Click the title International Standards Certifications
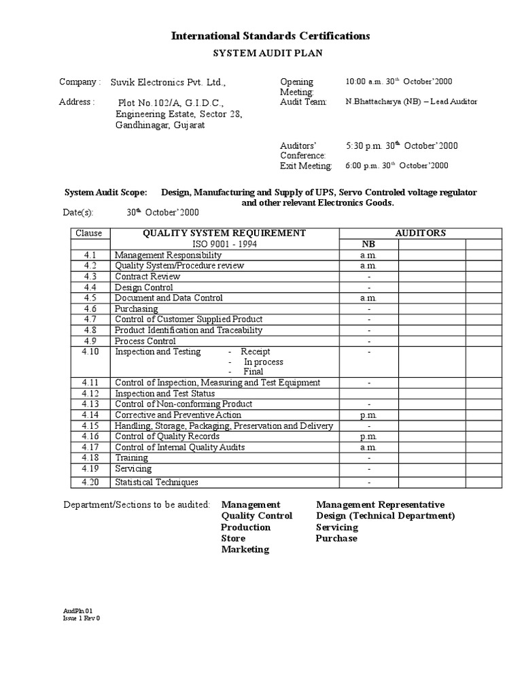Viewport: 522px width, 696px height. click(270, 35)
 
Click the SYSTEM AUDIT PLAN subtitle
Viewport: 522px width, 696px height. click(271, 52)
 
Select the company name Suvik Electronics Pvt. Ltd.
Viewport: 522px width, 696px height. click(167, 82)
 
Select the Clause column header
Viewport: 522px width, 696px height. click(89, 233)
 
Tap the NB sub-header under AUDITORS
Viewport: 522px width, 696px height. click(368, 244)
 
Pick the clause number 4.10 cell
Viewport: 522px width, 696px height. click(90, 351)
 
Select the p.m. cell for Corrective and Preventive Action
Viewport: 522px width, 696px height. click(368, 415)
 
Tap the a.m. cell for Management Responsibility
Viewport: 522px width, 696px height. click(368, 255)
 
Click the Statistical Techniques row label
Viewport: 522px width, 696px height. click(156, 482)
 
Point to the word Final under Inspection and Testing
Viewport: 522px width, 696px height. click(253, 372)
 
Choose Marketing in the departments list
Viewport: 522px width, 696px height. click(245, 549)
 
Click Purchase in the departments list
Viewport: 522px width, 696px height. click(336, 538)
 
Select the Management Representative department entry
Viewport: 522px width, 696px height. click(380, 504)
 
